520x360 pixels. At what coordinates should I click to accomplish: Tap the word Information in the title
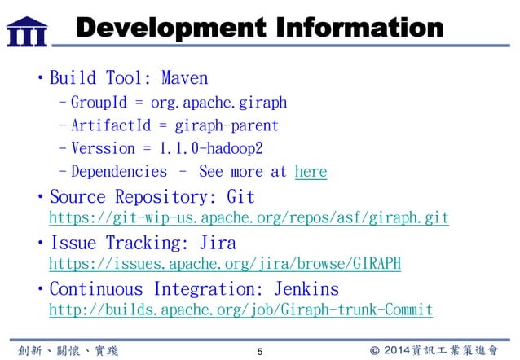point(359,29)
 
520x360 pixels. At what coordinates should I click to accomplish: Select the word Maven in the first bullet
point(184,79)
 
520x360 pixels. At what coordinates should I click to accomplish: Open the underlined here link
point(310,172)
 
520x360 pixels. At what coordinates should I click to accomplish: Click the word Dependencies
point(118,172)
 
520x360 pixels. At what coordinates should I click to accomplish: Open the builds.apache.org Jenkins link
point(240,310)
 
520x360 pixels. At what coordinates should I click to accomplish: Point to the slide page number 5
point(259,351)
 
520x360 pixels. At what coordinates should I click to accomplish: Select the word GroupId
point(97,103)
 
